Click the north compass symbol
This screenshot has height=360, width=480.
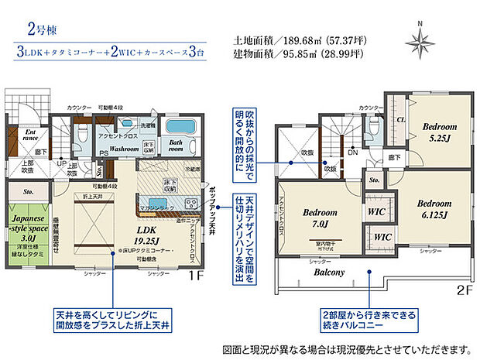[x=420, y=37]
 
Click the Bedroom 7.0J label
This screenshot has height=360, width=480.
[x=317, y=218]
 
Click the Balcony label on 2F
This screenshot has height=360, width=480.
[x=328, y=273]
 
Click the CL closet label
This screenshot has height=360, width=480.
[x=401, y=120]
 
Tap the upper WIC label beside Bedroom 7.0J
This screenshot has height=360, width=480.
[x=376, y=211]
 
